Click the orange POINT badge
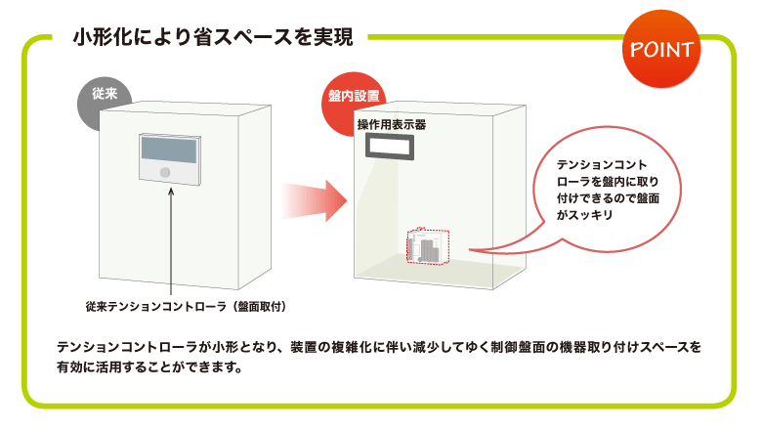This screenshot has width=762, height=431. click(x=661, y=48)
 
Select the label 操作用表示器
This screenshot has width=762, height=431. click(x=391, y=125)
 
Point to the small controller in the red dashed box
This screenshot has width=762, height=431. click(x=427, y=247)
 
